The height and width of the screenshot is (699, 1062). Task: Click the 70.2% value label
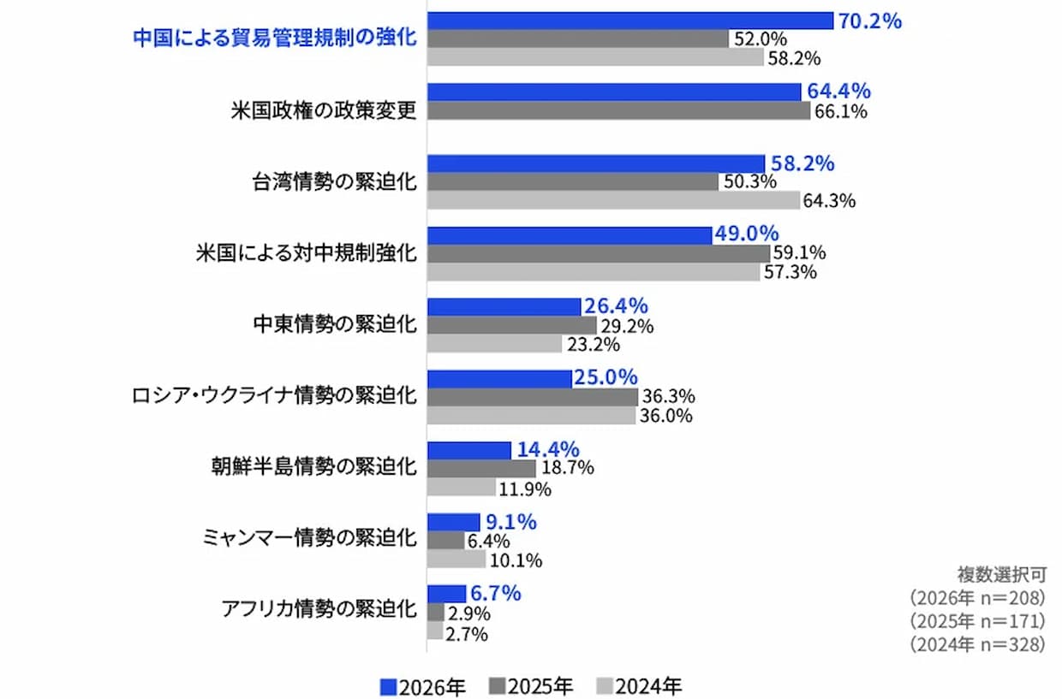(870, 21)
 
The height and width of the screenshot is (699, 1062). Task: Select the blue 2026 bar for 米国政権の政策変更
(614, 92)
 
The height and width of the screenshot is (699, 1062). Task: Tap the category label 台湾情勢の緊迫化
(334, 182)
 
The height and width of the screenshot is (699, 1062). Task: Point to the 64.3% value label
(830, 201)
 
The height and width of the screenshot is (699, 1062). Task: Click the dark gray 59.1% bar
(598, 253)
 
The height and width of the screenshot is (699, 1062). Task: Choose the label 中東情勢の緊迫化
(334, 325)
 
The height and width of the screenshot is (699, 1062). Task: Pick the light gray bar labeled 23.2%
(494, 344)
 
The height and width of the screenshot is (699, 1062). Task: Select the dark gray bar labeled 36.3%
(532, 397)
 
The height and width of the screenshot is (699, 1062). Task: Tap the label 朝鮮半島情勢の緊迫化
(313, 467)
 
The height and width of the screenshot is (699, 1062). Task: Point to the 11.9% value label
(525, 489)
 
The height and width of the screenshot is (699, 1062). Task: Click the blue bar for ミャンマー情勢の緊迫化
(453, 522)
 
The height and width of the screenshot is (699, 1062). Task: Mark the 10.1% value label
(516, 561)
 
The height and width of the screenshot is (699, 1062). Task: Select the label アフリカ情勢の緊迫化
(319, 610)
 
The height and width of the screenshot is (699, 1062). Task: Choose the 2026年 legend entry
(423, 686)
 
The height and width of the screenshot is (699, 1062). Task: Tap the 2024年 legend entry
(639, 686)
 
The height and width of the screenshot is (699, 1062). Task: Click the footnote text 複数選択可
(1001, 574)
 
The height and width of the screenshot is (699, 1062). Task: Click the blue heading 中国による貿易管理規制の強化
(274, 39)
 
